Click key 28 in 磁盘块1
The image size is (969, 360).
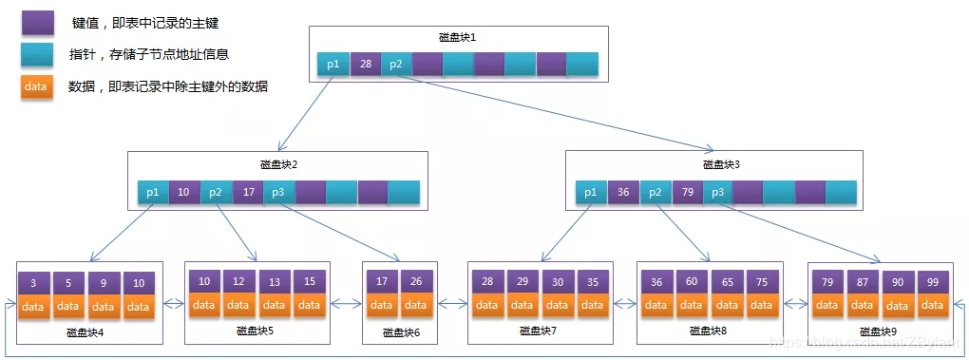pyautogui.click(x=365, y=65)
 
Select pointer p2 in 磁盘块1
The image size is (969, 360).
pyautogui.click(x=396, y=65)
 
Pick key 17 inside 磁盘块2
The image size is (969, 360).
pyautogui.click(x=248, y=192)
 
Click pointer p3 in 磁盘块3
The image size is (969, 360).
pyautogui.click(x=717, y=193)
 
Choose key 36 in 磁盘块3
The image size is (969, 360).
pyautogui.click(x=623, y=193)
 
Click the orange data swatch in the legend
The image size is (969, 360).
pyautogui.click(x=36, y=86)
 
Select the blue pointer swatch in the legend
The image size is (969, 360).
pyautogui.click(x=38, y=55)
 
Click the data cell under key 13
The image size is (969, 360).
pyautogui.click(x=275, y=305)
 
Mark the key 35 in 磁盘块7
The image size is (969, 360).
pyautogui.click(x=591, y=283)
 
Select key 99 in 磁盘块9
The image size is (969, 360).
pyautogui.click(x=932, y=283)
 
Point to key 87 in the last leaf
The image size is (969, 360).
pyautogui.click(x=863, y=283)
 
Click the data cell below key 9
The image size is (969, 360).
pyautogui.click(x=104, y=307)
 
